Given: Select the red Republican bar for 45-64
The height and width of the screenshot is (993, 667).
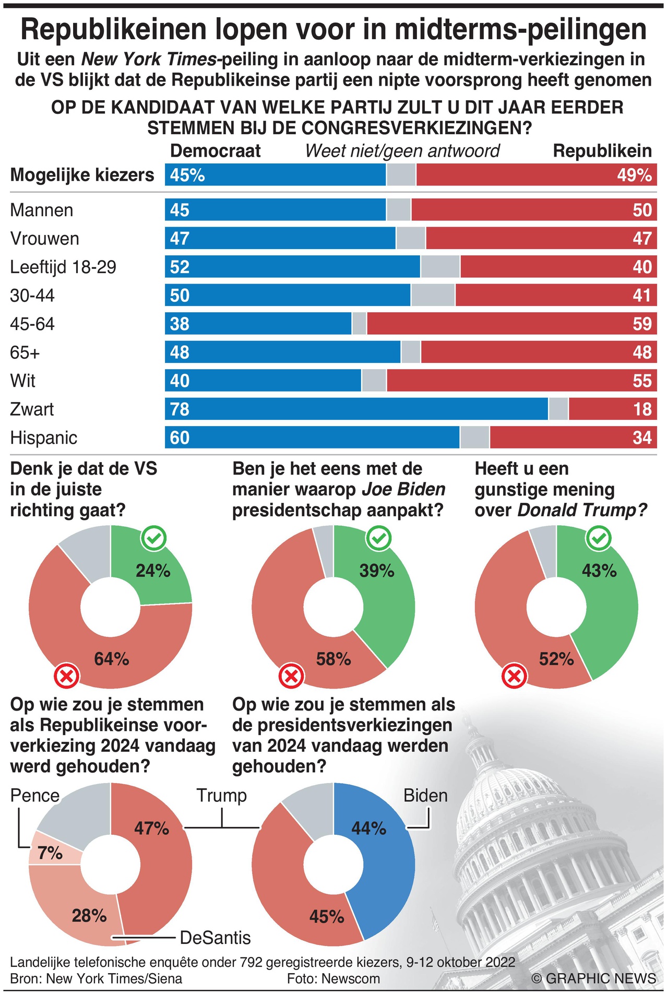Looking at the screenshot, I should click(x=511, y=324).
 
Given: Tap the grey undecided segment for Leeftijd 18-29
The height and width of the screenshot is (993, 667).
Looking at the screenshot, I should click(x=440, y=267).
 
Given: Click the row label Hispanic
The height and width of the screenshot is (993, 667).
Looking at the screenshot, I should click(x=44, y=438).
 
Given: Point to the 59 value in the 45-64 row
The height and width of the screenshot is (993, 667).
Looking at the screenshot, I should click(x=642, y=324).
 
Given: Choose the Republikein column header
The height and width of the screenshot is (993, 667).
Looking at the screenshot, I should click(x=602, y=151).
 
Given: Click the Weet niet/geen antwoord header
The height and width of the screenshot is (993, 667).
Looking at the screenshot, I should click(x=402, y=151).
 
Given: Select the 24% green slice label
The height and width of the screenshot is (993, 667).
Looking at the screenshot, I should click(x=153, y=571).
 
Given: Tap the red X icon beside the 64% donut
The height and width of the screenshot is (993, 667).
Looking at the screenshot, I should click(x=67, y=677).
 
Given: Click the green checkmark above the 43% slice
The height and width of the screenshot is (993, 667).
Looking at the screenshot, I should click(x=599, y=538).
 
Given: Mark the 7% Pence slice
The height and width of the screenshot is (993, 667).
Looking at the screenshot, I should click(x=50, y=853).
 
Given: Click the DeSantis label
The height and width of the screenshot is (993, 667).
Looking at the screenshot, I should click(x=215, y=938).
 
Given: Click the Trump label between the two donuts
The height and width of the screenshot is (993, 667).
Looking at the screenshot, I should click(x=221, y=796).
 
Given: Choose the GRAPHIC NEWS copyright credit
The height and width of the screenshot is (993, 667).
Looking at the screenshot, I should click(x=593, y=978).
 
